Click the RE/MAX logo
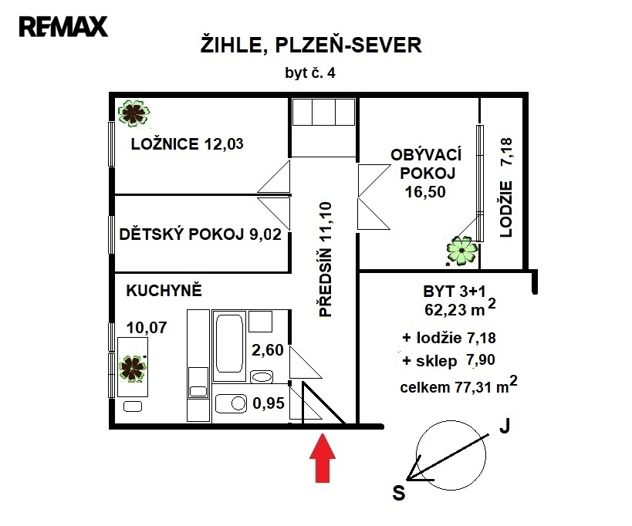click(x=63, y=26)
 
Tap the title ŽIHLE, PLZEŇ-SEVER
click(x=311, y=45)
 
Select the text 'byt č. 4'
click(x=310, y=73)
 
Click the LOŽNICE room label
click(x=164, y=143)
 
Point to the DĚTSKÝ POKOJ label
click(x=181, y=234)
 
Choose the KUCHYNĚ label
click(x=164, y=291)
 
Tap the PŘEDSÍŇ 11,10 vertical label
click(x=326, y=259)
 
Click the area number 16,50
click(x=425, y=192)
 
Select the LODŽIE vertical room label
click(x=506, y=209)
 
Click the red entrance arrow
click(x=323, y=457)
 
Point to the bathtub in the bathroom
click(x=229, y=343)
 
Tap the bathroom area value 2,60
click(x=268, y=350)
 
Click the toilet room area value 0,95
click(x=269, y=403)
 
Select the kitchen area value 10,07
click(x=147, y=328)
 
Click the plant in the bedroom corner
click(x=133, y=113)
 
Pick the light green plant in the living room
click(x=462, y=251)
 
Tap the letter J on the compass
click(x=505, y=426)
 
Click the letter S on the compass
click(x=399, y=493)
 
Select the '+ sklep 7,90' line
click(x=448, y=360)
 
